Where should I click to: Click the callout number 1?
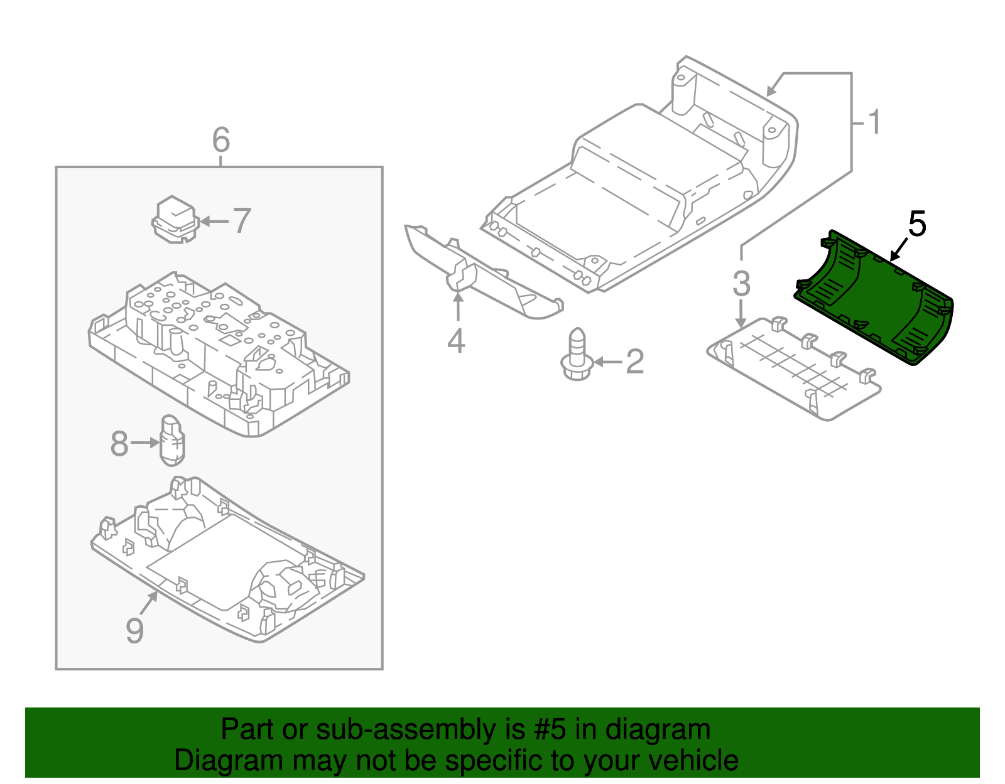click(873, 122)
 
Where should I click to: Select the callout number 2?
click(634, 362)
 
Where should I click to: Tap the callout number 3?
click(741, 284)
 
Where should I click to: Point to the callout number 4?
click(456, 341)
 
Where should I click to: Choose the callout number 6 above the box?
click(221, 139)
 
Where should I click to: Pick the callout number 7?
click(241, 220)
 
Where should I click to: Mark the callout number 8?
click(119, 444)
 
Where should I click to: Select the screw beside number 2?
click(577, 355)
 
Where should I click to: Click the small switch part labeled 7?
click(175, 220)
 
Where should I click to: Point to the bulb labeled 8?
click(172, 441)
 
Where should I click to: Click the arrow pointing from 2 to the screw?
click(608, 362)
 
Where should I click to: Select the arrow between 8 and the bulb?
click(145, 443)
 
